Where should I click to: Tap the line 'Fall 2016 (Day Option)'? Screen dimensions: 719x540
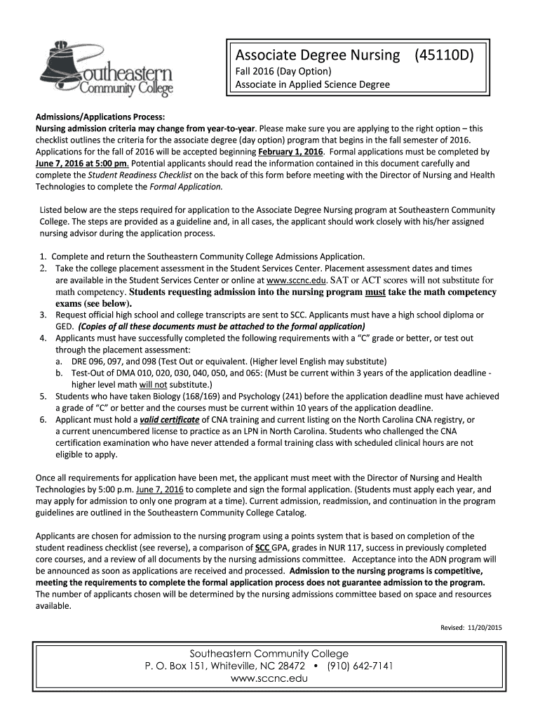pos(283,72)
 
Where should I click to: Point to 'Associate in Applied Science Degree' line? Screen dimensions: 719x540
pos(312,85)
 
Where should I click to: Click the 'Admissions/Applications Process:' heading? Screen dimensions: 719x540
pos(100,117)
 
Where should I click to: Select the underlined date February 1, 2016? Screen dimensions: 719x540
pos(290,152)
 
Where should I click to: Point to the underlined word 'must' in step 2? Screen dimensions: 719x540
pos(376,292)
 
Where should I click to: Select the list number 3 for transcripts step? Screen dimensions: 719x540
pos(43,315)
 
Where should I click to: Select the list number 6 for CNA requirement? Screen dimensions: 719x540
pos(43,420)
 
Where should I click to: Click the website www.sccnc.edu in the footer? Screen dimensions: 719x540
pos(271,679)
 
